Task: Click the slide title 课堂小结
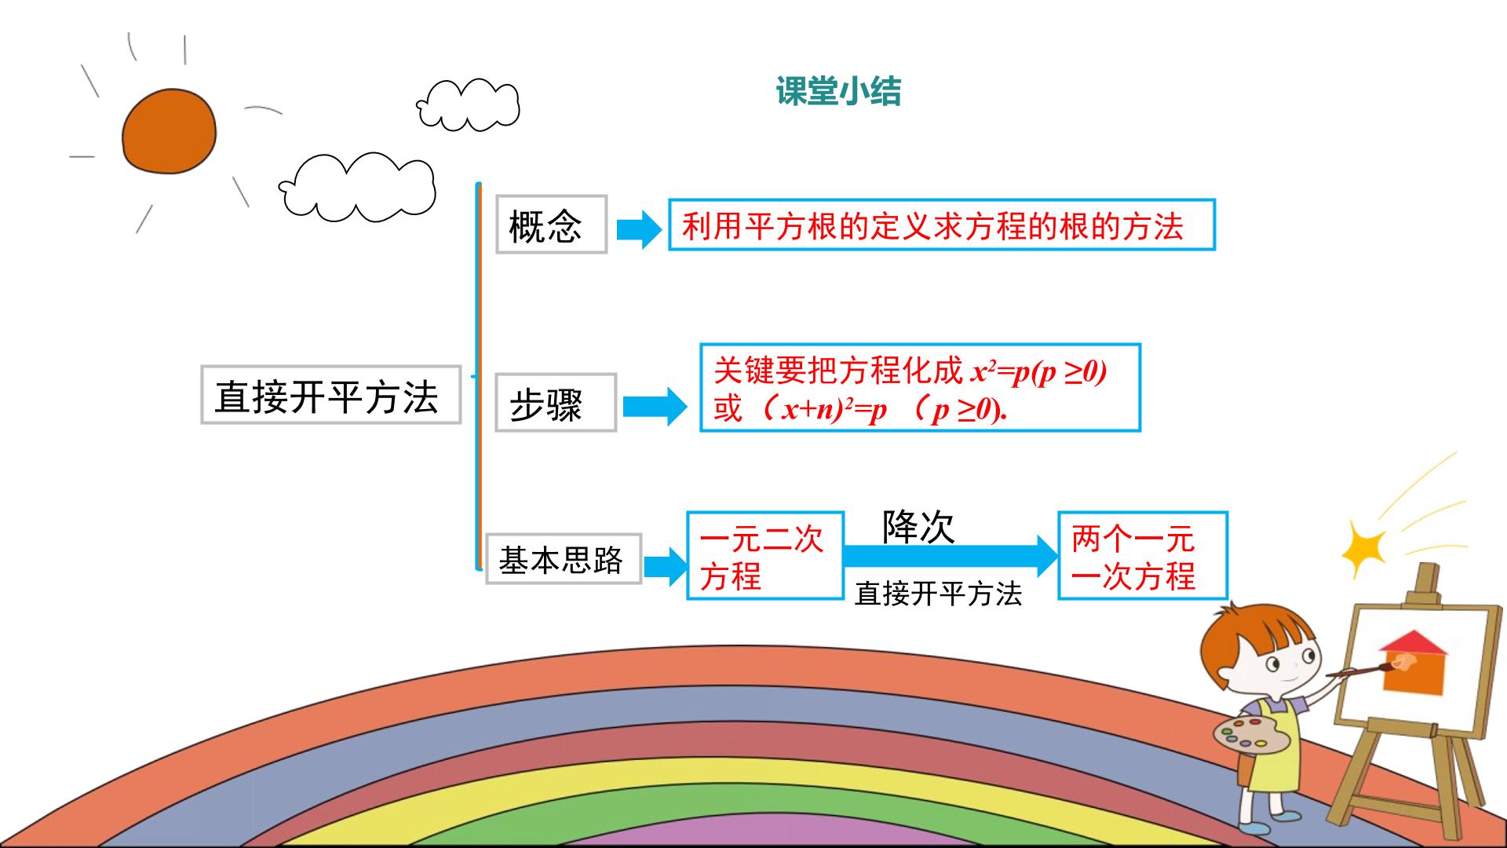[x=838, y=91]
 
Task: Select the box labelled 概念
[x=551, y=225]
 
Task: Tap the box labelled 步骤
[x=556, y=402]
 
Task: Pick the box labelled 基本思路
[x=563, y=558]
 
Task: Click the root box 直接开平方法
[x=330, y=394]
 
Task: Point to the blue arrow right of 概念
[x=640, y=228]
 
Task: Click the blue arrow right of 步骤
[x=655, y=406]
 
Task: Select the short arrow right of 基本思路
[x=666, y=564]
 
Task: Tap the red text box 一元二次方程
[x=764, y=556]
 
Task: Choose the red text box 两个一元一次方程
[x=1142, y=556]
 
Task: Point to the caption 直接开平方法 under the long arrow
[x=938, y=593]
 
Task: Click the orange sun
[x=168, y=131]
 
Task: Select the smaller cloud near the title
[x=469, y=105]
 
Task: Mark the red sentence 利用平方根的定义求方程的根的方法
[x=932, y=226]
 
